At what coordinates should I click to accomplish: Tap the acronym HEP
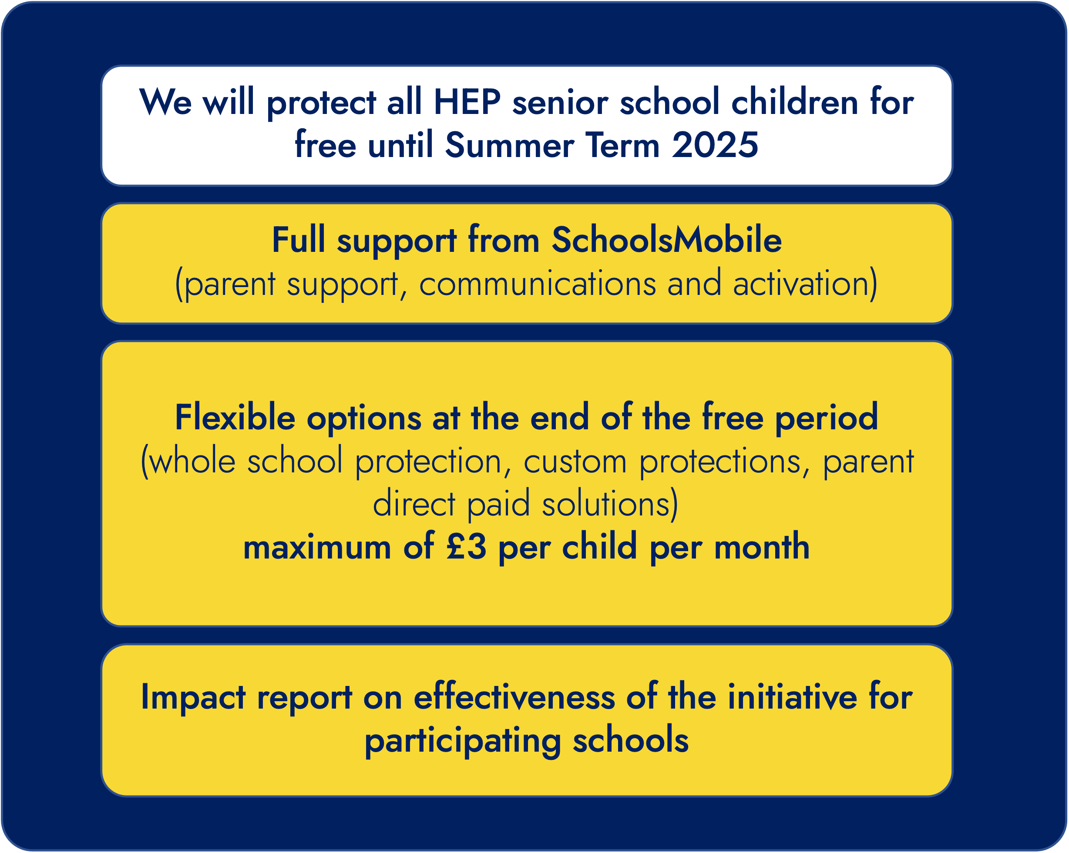coord(467,103)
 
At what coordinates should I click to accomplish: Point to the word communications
coord(538,284)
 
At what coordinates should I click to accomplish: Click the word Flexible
coord(235,417)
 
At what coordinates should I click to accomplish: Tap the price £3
coord(466,547)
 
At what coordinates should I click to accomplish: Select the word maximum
coord(317,548)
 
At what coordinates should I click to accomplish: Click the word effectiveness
coord(514,697)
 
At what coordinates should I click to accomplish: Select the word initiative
coord(792,697)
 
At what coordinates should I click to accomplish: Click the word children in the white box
coord(794,103)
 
